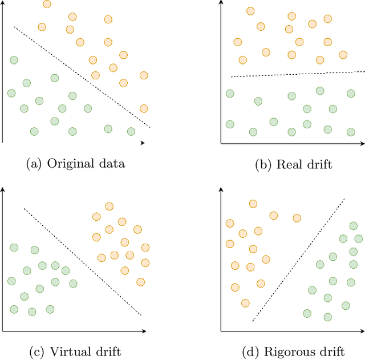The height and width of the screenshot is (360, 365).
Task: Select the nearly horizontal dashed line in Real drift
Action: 297,74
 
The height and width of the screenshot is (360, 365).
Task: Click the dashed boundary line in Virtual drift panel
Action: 83,261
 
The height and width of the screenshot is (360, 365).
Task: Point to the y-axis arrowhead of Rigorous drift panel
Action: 221,188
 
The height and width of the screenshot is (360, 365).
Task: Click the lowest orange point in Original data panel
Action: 144,108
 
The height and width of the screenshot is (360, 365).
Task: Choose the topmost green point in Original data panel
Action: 14,60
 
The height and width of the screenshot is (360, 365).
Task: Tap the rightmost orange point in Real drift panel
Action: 343,55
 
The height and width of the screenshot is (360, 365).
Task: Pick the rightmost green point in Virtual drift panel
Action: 73,284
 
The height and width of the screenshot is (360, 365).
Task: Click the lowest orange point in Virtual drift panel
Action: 140,281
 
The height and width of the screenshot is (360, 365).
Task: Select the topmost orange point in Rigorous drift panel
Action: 253,203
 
